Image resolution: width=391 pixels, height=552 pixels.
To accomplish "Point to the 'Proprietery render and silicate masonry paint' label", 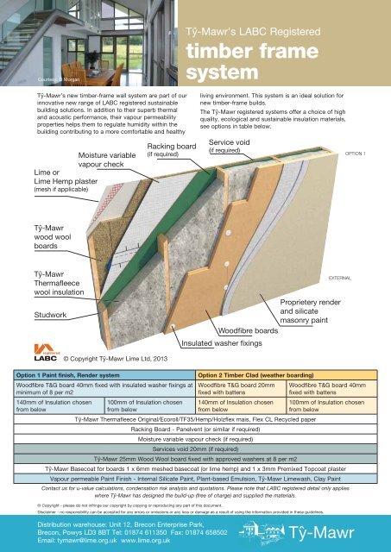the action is point(313,308).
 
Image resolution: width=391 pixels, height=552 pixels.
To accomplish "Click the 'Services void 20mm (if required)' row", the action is point(196,450).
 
